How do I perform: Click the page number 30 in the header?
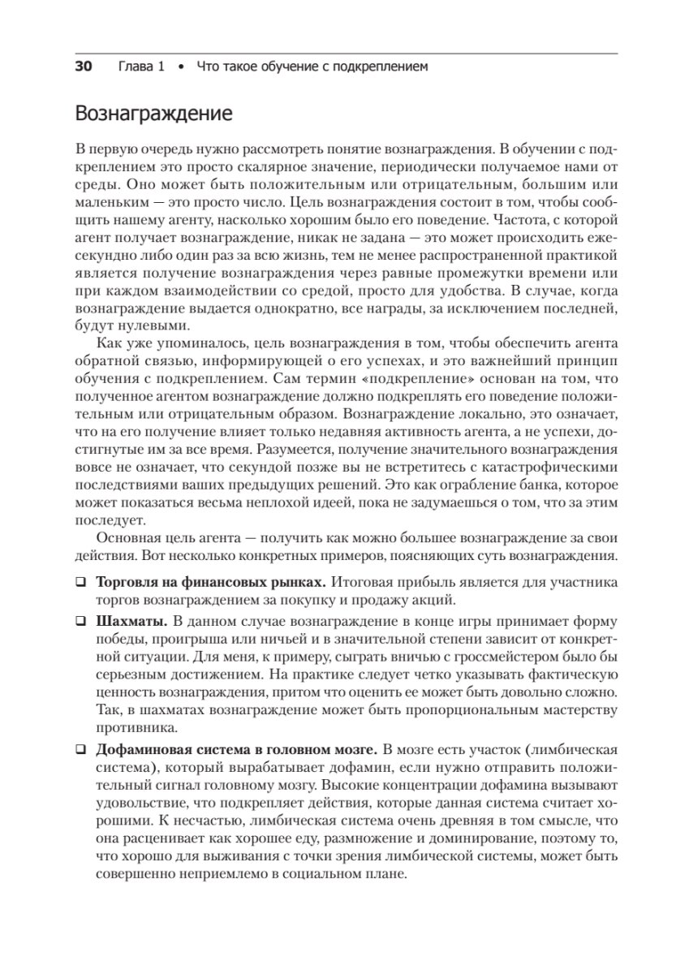84,67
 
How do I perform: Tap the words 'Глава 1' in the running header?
141,67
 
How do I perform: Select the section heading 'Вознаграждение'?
153,114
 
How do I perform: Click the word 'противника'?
130,728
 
